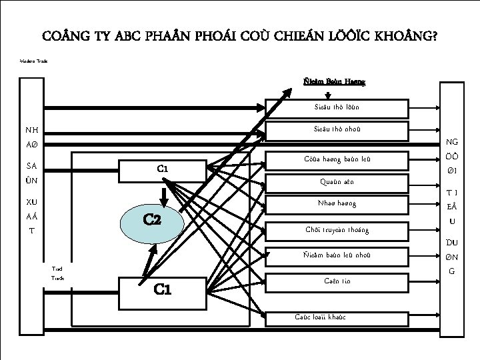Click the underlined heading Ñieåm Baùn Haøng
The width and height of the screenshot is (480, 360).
click(x=334, y=82)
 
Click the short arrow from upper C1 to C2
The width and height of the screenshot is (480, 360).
click(x=162, y=193)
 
